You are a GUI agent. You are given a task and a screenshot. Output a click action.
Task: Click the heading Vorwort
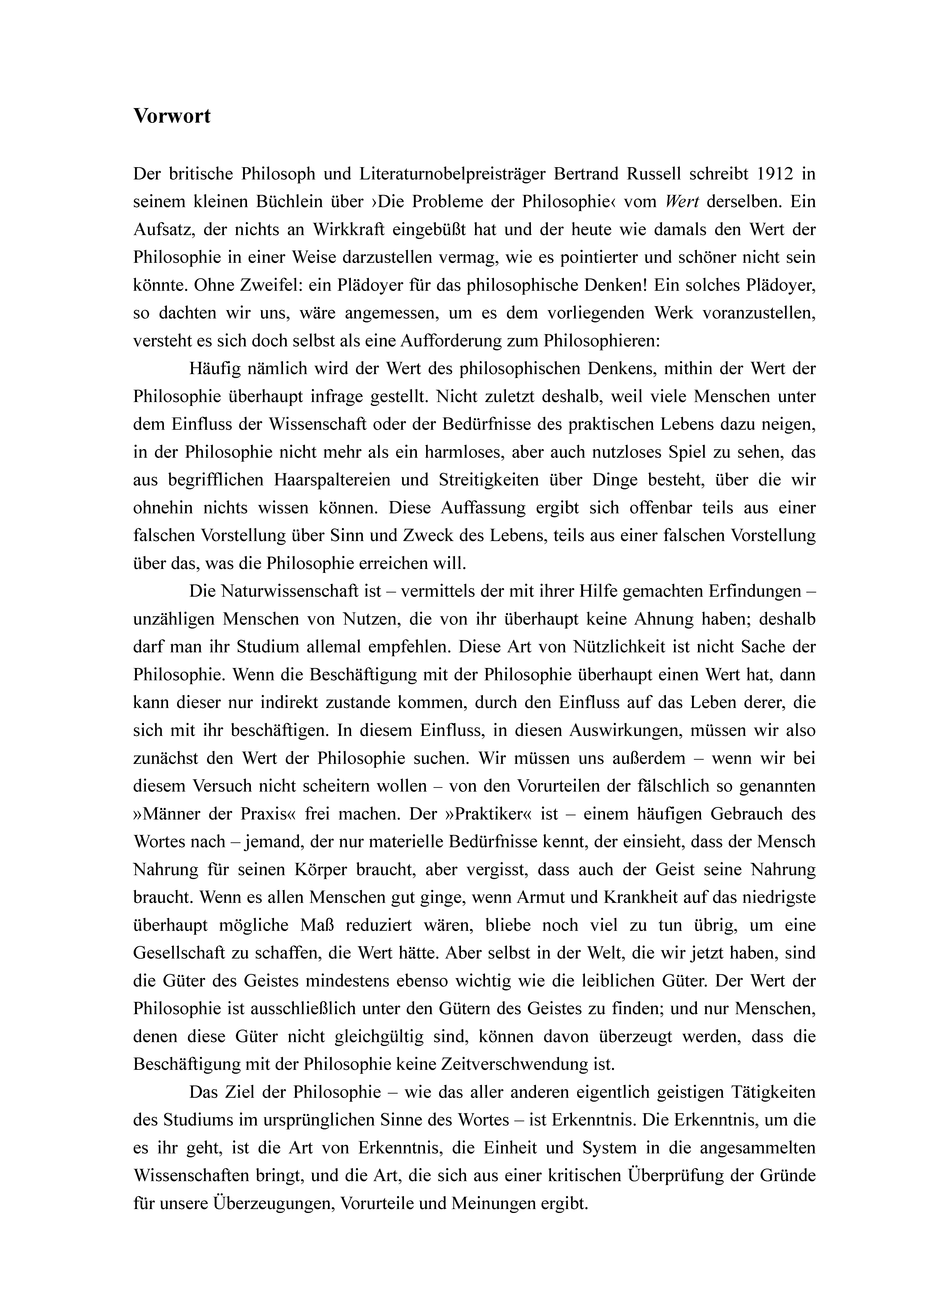(x=172, y=116)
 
